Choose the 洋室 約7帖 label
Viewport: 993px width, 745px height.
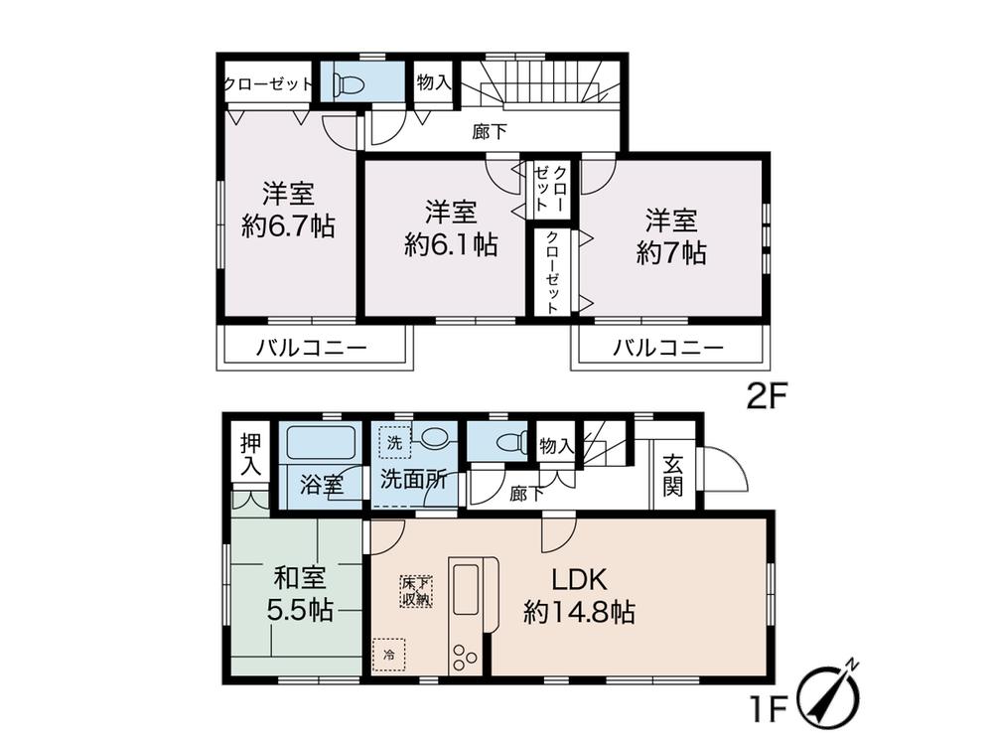pos(671,234)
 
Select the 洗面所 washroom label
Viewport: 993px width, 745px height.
pos(413,478)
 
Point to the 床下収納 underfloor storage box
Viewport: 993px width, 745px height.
pos(416,590)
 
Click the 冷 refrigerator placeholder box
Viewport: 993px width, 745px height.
pos(389,656)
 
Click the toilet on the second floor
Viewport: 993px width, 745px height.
pos(351,83)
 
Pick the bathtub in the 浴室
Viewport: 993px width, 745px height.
pos(322,443)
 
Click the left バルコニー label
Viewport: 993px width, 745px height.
pos(311,349)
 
